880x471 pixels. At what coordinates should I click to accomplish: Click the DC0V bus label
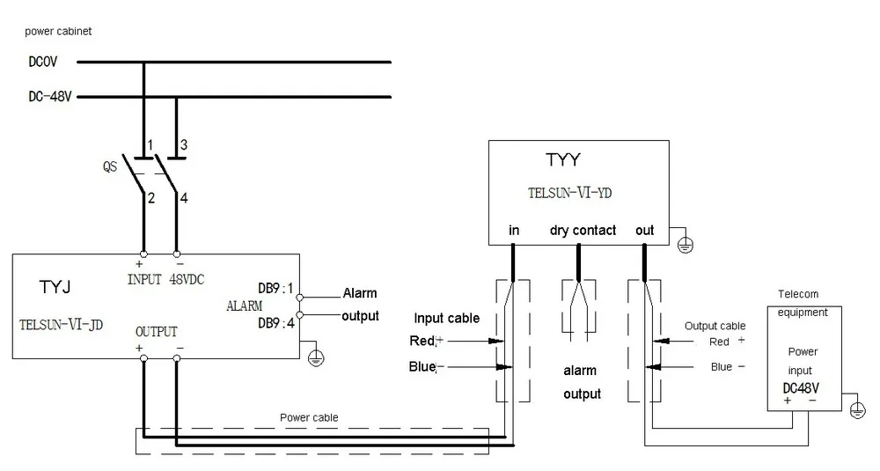(x=42, y=62)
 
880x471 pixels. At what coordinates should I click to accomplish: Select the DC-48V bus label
(x=50, y=97)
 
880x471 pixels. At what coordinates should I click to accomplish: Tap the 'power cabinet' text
(x=58, y=32)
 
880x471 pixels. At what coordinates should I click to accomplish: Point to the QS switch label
(x=110, y=166)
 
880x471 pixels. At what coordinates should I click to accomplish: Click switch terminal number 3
(x=184, y=145)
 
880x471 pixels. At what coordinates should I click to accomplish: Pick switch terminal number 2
(x=151, y=197)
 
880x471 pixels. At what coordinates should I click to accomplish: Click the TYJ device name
(x=55, y=287)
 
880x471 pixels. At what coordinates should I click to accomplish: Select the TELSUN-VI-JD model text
(x=62, y=325)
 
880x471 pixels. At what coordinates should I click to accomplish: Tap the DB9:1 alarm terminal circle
(x=300, y=298)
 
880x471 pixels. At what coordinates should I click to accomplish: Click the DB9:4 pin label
(x=276, y=323)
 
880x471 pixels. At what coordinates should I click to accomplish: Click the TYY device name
(x=563, y=160)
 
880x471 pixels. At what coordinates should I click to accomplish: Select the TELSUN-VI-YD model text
(x=569, y=193)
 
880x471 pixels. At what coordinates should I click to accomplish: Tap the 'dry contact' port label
(x=583, y=230)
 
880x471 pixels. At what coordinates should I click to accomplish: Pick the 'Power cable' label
(x=309, y=417)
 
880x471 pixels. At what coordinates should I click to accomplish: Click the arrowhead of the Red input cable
(x=496, y=341)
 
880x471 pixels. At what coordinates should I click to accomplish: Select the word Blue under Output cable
(x=722, y=366)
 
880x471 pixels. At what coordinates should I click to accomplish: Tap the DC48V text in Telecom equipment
(x=801, y=388)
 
